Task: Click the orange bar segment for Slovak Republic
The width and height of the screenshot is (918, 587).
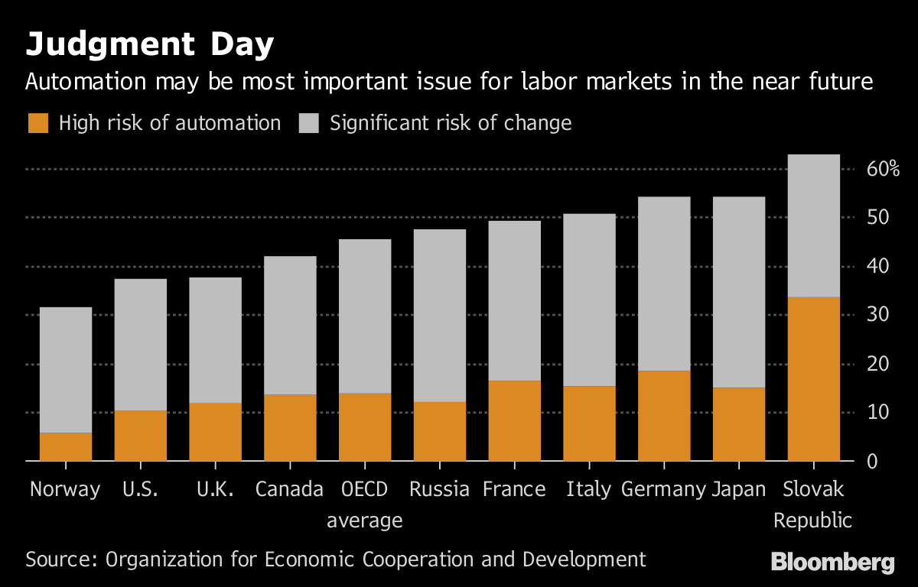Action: [813, 379]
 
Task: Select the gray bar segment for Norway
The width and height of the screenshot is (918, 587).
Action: [65, 370]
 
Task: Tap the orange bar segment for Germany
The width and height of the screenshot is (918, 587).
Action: [664, 416]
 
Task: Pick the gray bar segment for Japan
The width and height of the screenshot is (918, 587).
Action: [739, 292]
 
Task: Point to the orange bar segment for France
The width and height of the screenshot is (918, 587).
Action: [514, 420]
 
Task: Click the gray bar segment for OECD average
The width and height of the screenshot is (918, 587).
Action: [365, 316]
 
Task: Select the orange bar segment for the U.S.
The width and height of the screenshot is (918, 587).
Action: [140, 436]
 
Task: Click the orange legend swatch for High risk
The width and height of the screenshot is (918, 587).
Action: [37, 123]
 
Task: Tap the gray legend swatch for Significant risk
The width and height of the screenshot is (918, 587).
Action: [308, 123]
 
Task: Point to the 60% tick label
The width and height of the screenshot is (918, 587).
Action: [881, 169]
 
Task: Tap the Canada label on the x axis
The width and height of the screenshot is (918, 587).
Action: [289, 489]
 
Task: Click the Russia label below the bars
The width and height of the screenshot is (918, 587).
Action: [439, 489]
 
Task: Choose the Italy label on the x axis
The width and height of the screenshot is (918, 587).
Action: [588, 489]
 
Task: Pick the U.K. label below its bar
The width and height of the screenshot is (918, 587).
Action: [215, 489]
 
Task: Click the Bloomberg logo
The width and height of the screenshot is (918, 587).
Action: [832, 562]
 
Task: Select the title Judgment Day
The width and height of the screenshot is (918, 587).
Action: [149, 46]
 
